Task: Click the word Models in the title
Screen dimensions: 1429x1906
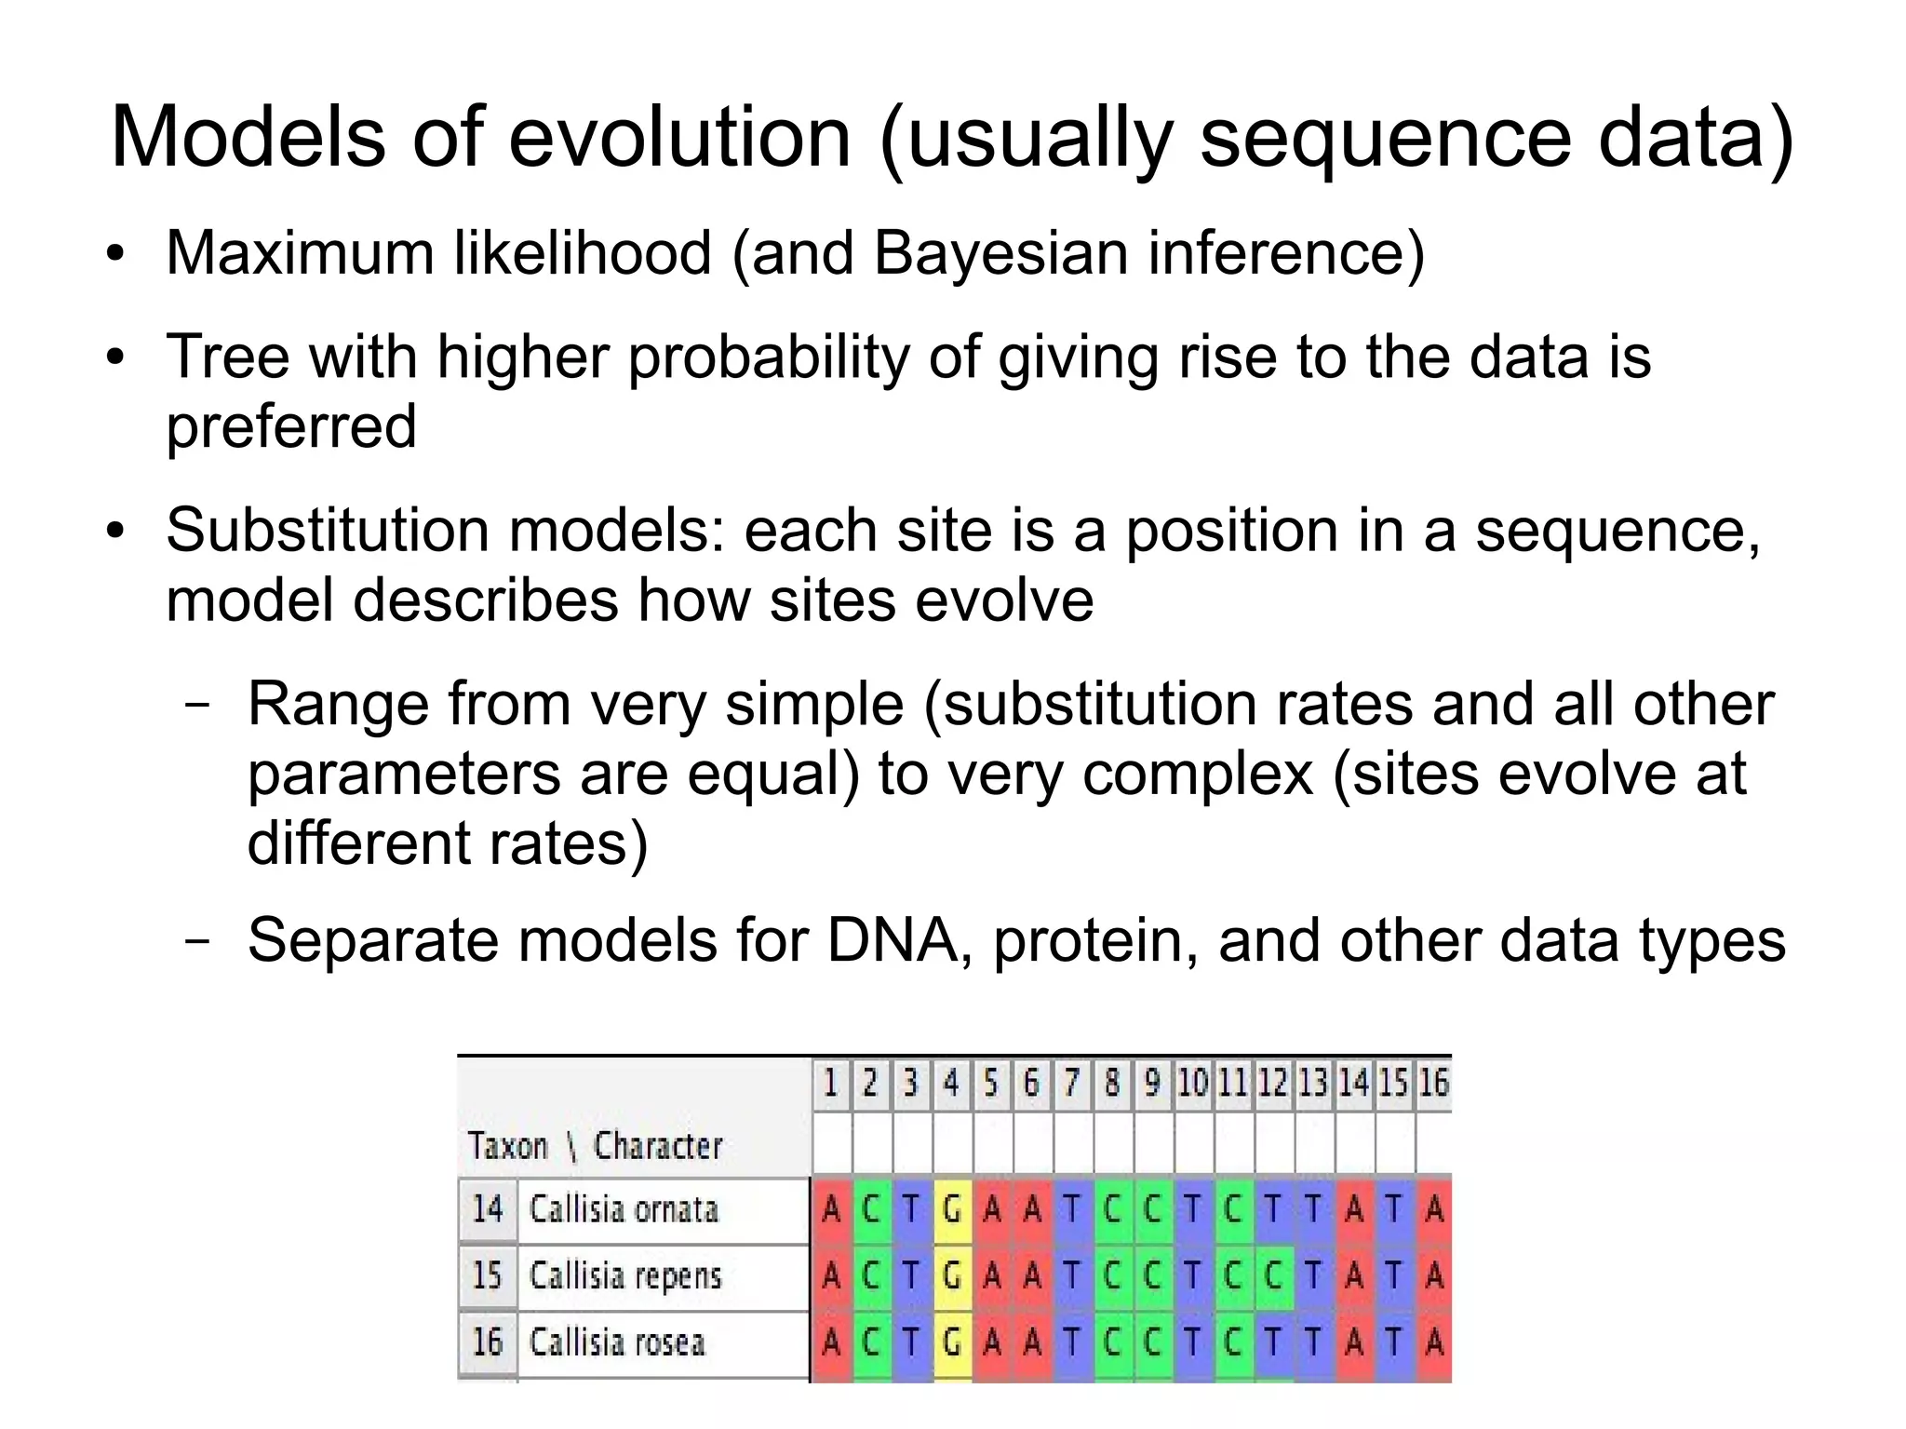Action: tap(248, 138)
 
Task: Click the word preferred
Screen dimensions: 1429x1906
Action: tap(290, 427)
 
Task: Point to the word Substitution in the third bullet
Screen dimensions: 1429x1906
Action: tap(327, 531)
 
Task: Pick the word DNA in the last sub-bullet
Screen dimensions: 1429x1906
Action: tap(893, 940)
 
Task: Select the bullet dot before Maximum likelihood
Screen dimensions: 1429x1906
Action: tap(114, 254)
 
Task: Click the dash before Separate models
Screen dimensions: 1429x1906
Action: tap(196, 939)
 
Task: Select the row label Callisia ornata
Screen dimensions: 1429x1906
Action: tap(624, 1209)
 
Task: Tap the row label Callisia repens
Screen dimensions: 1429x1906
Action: tap(625, 1275)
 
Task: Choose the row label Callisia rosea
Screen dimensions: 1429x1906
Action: tap(617, 1342)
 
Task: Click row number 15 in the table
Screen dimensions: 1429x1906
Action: tap(487, 1275)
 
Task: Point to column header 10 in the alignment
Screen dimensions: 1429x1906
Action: tap(1192, 1083)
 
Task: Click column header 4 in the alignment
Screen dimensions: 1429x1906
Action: tap(951, 1083)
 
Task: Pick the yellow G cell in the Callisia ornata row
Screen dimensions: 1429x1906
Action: tap(951, 1209)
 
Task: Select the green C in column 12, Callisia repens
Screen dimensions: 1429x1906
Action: tap(1273, 1275)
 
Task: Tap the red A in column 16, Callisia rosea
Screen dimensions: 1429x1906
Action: tap(1434, 1342)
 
